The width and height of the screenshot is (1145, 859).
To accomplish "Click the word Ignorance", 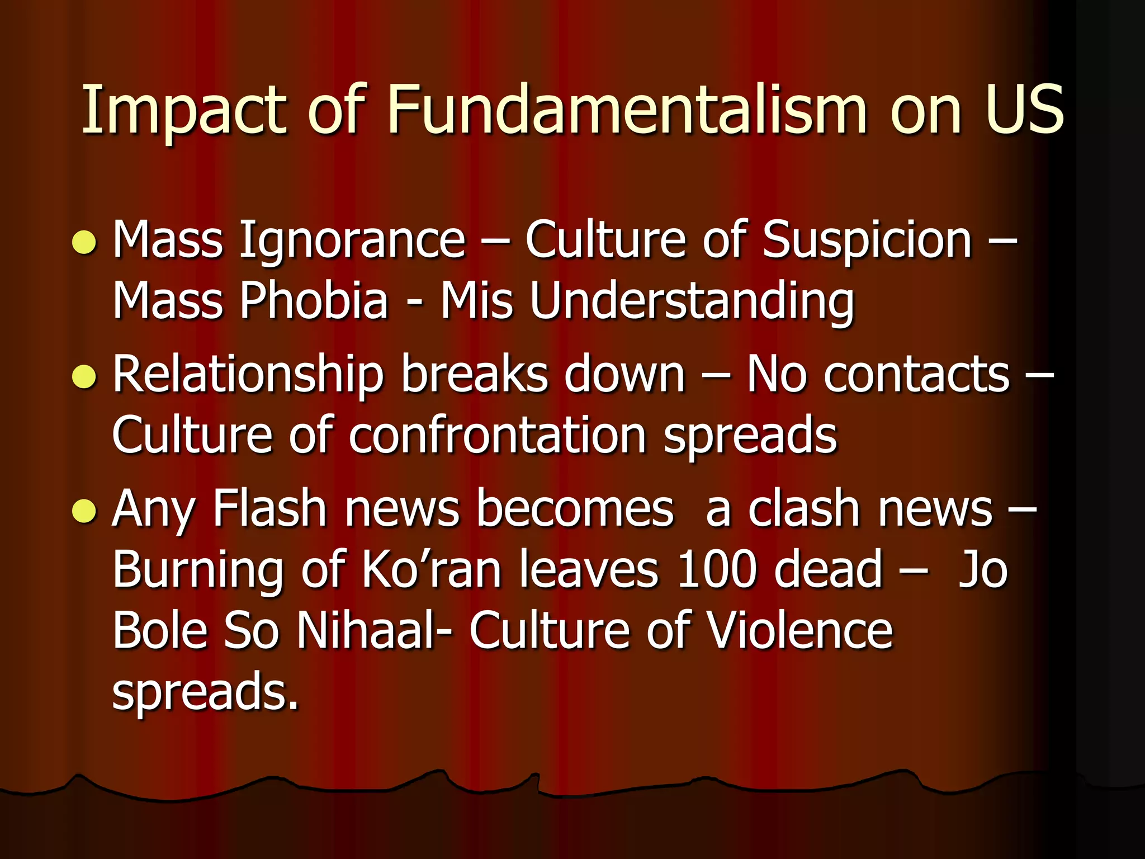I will point(352,240).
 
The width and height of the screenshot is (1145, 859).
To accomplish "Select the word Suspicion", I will point(867,240).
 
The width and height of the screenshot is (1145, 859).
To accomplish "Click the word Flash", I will point(269,509).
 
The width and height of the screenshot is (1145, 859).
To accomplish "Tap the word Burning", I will point(198,570).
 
